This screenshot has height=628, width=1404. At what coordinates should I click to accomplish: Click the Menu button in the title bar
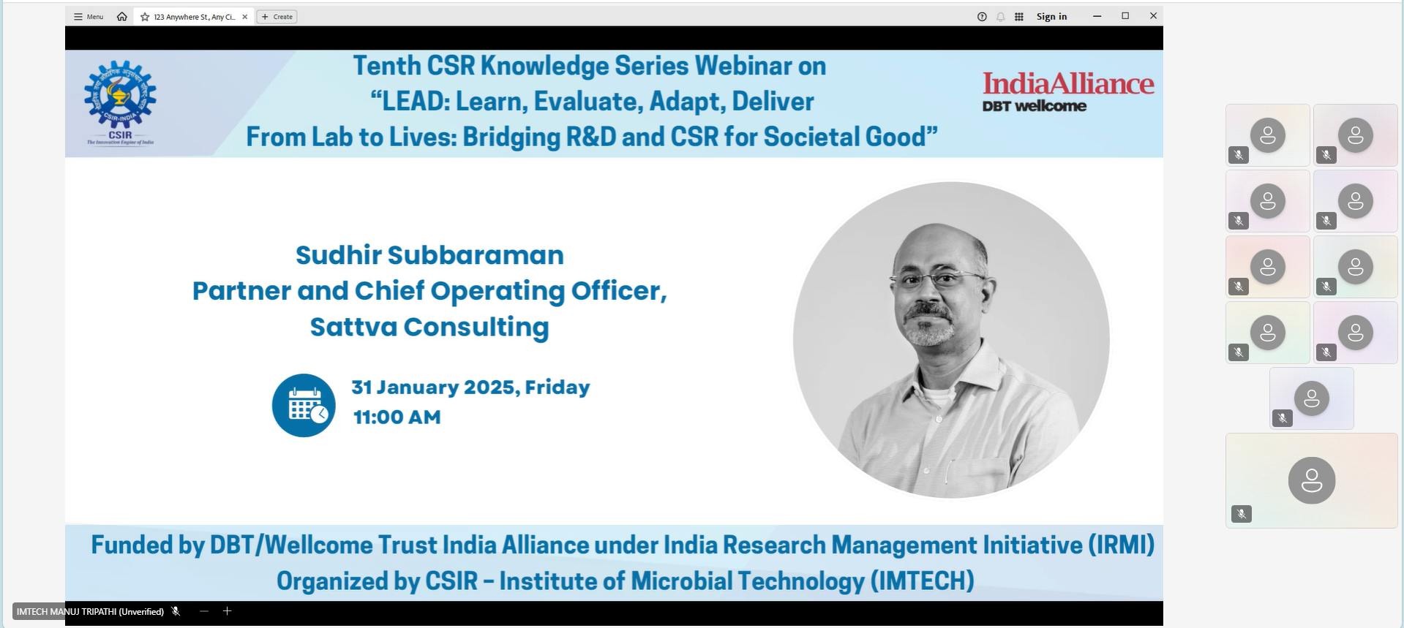tap(89, 17)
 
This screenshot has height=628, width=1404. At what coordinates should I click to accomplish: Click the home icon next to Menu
tap(121, 17)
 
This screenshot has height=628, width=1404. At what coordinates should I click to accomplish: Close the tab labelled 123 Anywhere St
tap(245, 17)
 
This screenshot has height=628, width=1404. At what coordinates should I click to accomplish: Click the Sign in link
tap(1051, 17)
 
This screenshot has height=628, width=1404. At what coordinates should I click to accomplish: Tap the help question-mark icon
tap(982, 17)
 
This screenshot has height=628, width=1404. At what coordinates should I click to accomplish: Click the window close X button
tap(1153, 16)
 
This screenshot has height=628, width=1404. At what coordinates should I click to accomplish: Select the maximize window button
tap(1125, 16)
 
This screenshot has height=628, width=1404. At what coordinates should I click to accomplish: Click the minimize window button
tap(1097, 16)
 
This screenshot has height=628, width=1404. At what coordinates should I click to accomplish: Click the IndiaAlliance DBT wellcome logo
tap(1068, 91)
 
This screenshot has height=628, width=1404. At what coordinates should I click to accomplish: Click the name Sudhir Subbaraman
tap(429, 255)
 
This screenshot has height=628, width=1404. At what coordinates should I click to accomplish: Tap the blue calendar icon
tap(304, 405)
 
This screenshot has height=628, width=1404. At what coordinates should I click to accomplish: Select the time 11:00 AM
tap(397, 417)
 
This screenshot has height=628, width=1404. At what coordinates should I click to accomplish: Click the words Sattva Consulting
tap(429, 327)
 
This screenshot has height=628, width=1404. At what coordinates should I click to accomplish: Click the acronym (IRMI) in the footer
tap(1121, 545)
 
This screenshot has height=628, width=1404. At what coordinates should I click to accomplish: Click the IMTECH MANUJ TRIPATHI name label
tap(90, 612)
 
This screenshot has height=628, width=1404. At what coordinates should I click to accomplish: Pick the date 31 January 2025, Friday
tap(470, 387)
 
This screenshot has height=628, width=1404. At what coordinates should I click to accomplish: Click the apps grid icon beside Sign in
tap(1018, 17)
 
